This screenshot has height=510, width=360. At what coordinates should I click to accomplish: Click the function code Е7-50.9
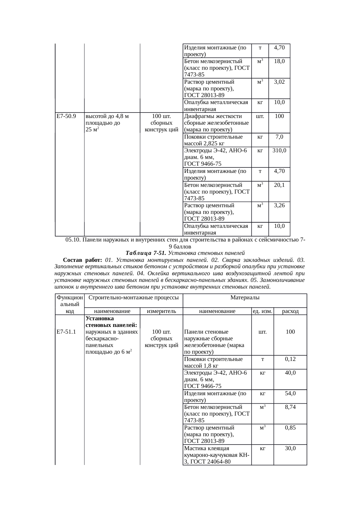tap(66, 116)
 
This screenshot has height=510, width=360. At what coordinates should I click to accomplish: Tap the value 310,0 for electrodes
tap(279, 150)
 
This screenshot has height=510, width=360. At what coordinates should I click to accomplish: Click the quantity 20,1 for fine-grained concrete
tap(279, 185)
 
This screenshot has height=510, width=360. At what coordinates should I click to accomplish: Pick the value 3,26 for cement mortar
tap(279, 205)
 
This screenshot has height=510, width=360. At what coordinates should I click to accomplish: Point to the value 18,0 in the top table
tap(279, 61)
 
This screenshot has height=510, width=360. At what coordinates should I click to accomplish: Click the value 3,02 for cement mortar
tap(279, 82)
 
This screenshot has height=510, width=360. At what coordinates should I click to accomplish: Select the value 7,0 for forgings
tap(279, 137)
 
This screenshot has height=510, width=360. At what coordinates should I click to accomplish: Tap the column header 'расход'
tap(290, 311)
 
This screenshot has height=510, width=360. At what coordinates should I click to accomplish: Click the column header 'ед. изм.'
tap(262, 311)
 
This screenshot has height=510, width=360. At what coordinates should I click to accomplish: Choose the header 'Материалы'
tap(245, 297)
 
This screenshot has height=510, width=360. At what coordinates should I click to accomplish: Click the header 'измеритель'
tap(161, 311)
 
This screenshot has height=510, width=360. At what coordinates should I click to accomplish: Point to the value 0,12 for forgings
tap(290, 359)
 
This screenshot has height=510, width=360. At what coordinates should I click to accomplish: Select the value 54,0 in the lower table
tap(290, 393)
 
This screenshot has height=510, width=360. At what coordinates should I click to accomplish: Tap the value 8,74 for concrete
tap(290, 407)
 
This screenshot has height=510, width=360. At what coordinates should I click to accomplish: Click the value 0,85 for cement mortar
tap(290, 427)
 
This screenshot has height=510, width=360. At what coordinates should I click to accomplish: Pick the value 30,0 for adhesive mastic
tap(290, 448)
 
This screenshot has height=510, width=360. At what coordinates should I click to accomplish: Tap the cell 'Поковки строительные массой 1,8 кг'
tap(213, 362)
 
